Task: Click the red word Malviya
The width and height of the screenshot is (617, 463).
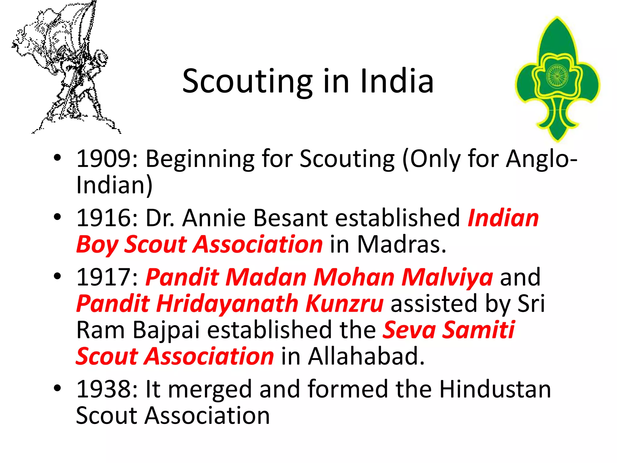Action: (x=447, y=277)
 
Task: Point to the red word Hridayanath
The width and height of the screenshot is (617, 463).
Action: (x=227, y=303)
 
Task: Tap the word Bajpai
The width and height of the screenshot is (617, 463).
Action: (x=166, y=330)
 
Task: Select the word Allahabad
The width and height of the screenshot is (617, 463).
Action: (x=366, y=356)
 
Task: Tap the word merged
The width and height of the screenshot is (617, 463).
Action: (x=210, y=389)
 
